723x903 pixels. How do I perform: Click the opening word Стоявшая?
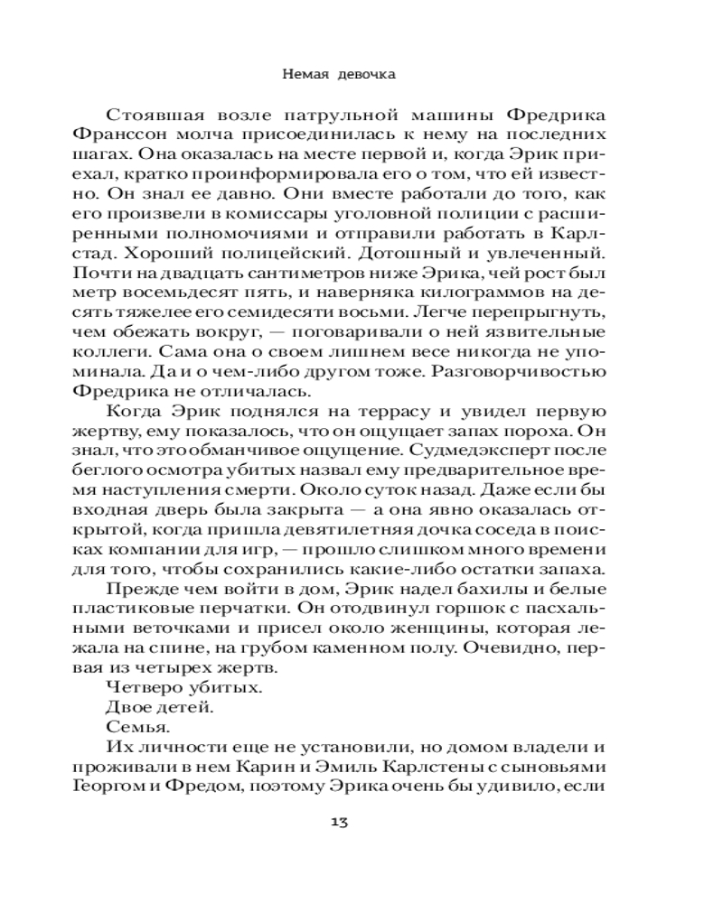[155, 116]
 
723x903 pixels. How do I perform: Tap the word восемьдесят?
[174, 295]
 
